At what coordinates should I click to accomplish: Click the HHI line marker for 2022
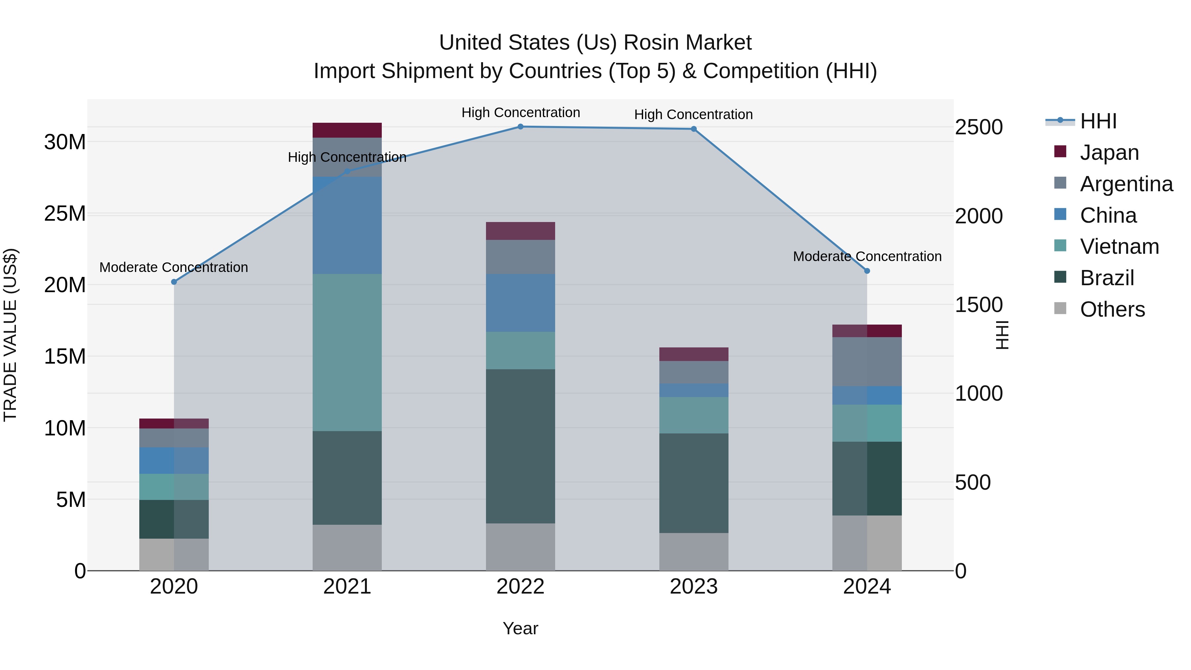click(520, 127)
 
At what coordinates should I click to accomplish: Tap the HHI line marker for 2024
click(867, 271)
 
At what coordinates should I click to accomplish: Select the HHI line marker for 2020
click(174, 282)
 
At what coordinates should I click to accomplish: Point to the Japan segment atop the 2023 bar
click(693, 354)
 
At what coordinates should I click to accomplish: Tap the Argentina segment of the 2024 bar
click(867, 362)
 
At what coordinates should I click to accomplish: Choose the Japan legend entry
click(1109, 153)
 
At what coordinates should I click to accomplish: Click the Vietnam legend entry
click(1119, 246)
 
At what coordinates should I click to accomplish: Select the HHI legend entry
click(1098, 121)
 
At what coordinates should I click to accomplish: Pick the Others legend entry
click(1112, 309)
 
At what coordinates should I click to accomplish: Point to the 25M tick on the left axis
click(65, 214)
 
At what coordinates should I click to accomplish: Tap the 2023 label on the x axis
click(693, 587)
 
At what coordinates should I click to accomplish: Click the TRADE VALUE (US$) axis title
click(10, 335)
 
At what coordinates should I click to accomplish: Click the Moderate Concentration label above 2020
click(174, 267)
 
